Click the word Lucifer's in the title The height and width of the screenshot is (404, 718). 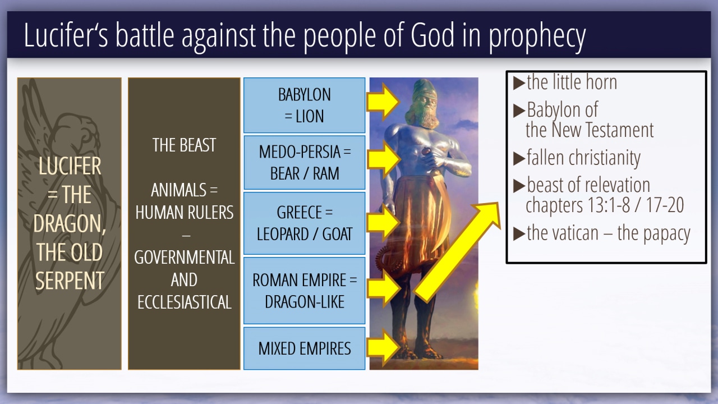coord(66,35)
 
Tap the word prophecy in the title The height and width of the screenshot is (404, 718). coord(537,38)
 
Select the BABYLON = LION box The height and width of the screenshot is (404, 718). coord(304,105)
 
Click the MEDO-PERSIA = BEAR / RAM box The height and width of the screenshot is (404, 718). coord(304,163)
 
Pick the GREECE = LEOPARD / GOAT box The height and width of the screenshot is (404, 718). coord(304,223)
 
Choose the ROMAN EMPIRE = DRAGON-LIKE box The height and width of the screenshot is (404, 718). coord(304,291)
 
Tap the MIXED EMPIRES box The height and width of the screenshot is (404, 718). coord(304,348)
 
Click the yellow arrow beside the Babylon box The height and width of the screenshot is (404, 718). coord(383,102)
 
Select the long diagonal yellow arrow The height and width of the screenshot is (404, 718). coord(457,252)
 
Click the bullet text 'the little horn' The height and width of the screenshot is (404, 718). coord(572,82)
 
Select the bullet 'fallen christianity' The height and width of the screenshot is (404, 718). coord(583,158)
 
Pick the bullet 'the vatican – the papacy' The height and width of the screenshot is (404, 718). coord(609,233)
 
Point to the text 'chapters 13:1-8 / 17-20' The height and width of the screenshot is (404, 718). coord(605,205)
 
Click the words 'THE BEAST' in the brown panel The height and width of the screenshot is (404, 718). coord(184,145)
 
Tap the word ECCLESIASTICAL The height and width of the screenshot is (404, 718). coord(185,302)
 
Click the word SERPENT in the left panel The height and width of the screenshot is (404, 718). coord(70,281)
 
